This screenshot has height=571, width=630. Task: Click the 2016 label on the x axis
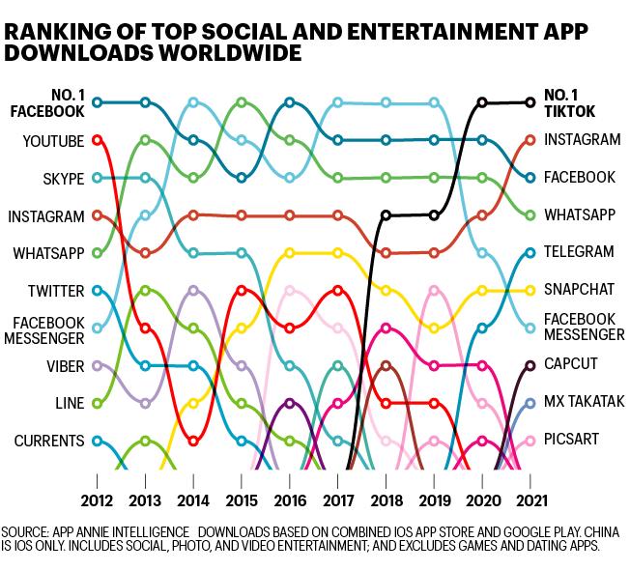point(290,500)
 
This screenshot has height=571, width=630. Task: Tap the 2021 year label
point(531,500)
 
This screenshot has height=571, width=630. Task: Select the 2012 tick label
point(97,500)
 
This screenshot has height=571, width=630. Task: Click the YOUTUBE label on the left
point(53,141)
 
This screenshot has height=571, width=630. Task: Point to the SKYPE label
point(64,179)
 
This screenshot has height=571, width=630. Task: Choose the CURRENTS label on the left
point(49,441)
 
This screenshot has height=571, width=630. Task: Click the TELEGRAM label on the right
point(579,251)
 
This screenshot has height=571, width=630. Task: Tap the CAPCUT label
point(570,363)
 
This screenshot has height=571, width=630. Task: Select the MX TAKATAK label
point(585,401)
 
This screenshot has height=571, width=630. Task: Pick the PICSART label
point(571,439)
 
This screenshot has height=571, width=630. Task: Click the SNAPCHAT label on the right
point(580,289)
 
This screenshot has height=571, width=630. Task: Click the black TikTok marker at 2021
point(530,102)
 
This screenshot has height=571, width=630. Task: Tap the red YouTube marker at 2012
point(97,140)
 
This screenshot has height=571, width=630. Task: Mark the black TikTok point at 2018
point(386,215)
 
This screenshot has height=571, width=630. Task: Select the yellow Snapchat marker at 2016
point(290,253)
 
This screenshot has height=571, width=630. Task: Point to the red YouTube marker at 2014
point(193,441)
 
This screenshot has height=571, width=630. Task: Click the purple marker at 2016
point(290,403)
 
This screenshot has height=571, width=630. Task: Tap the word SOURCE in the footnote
point(25,532)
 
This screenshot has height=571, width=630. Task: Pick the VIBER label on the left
point(66,366)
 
